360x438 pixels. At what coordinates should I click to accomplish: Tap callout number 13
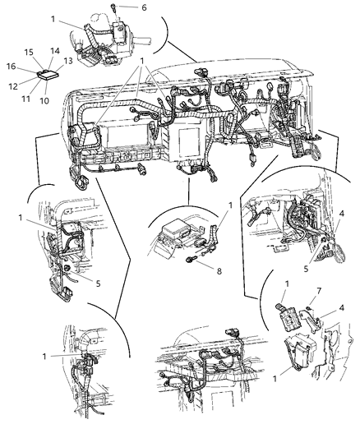click(x=68, y=59)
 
